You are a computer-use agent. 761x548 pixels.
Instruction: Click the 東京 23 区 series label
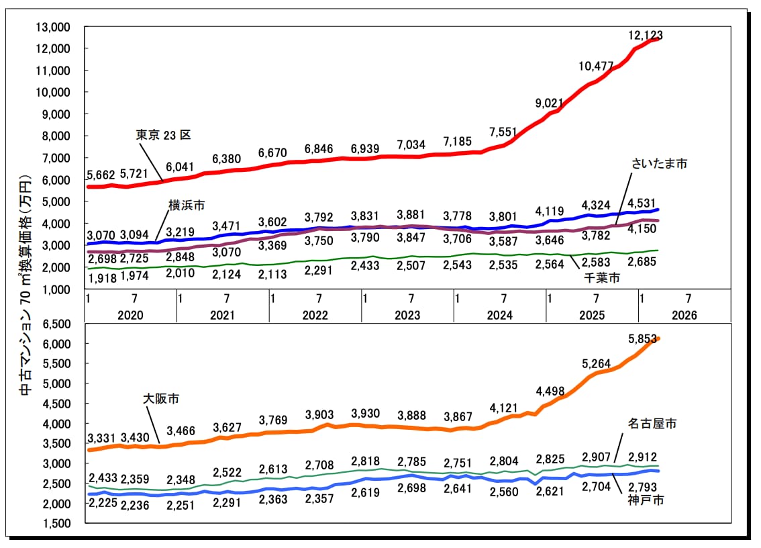pos(163,134)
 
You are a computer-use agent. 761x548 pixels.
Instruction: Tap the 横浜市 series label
pos(187,205)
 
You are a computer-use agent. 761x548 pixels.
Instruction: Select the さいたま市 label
pos(659,164)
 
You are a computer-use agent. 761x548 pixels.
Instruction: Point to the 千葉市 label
pos(602,278)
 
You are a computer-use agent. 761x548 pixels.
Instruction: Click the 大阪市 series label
pos(161,398)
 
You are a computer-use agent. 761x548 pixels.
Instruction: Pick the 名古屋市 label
pos(652,424)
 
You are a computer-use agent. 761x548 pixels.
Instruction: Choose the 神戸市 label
pos(646,500)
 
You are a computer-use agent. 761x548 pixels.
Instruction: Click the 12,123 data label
pos(646,35)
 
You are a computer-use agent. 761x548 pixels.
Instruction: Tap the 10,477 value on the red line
pos(596,66)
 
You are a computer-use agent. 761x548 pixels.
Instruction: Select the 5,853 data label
pos(642,338)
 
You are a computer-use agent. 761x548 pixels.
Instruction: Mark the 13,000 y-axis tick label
pos(53,28)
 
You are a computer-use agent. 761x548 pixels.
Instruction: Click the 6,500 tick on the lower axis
pos(57,324)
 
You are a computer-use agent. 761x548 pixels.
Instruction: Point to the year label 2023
pos(407,315)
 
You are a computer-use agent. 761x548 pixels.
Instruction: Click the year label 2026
pos(684,315)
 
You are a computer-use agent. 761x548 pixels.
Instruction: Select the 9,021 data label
pos(550,103)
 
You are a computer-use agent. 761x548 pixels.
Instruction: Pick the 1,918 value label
pos(103,279)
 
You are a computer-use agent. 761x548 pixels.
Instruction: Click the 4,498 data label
pos(550,391)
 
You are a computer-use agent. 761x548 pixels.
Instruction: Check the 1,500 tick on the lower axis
pos(57,524)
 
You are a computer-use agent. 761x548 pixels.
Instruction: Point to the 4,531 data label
pos(642,203)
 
